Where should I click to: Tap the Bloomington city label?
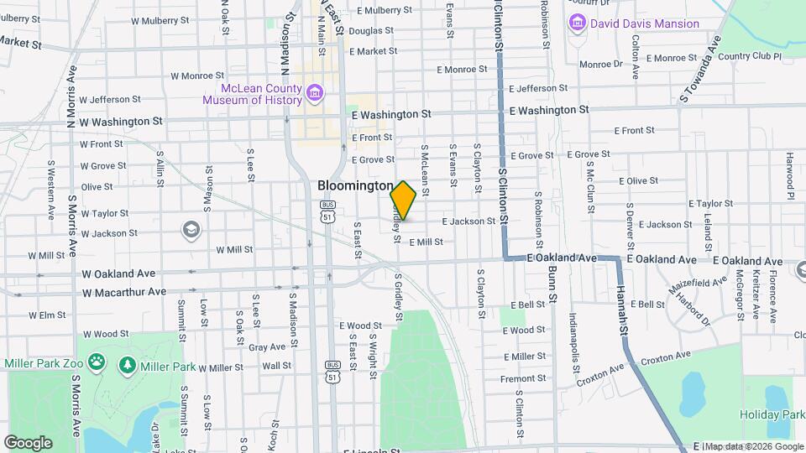(x=355, y=185)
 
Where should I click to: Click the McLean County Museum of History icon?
(x=314, y=91)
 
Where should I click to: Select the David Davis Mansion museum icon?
(x=577, y=23)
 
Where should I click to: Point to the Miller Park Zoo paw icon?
(x=98, y=363)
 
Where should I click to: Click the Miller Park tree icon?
(x=128, y=366)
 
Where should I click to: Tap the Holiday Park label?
(x=772, y=414)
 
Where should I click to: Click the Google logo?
(x=28, y=442)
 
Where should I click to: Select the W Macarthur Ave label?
(x=124, y=292)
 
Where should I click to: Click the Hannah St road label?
(x=624, y=318)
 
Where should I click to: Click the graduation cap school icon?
(x=191, y=230)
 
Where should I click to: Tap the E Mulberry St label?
(x=384, y=11)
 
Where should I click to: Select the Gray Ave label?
(x=267, y=346)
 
